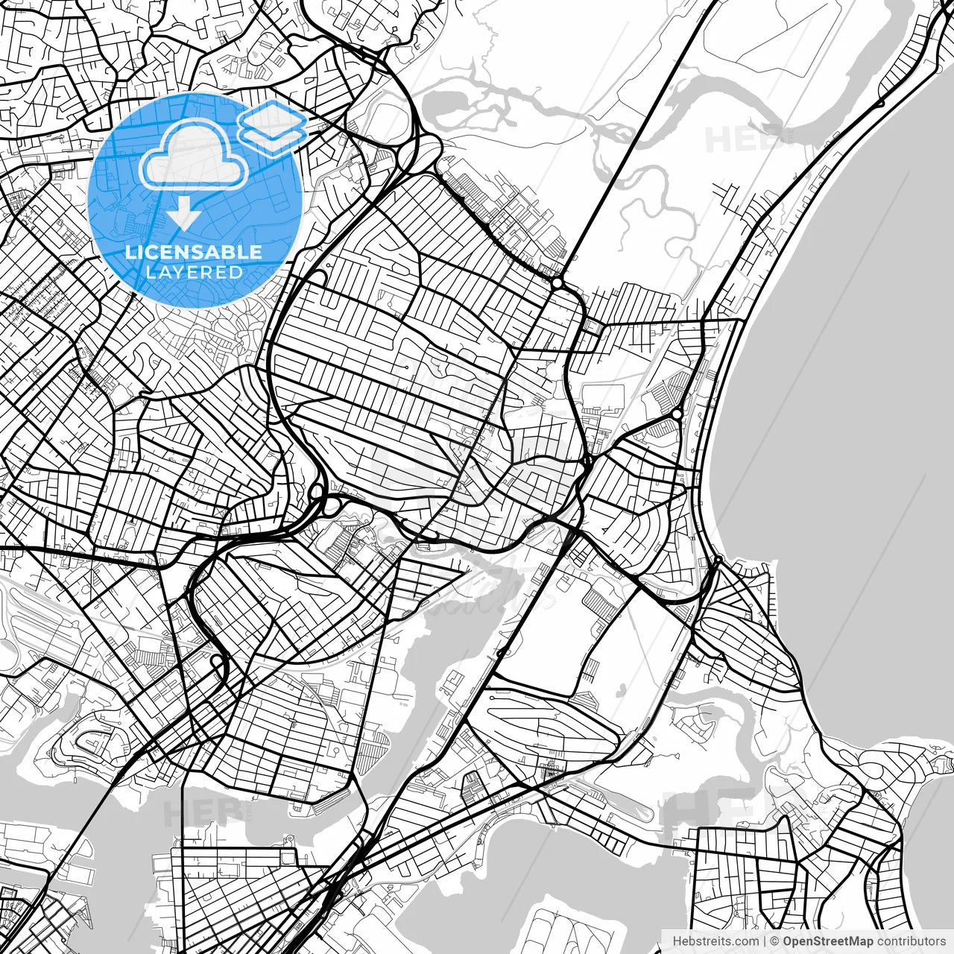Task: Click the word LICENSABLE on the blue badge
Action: click(194, 252)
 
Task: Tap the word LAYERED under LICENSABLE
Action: click(194, 272)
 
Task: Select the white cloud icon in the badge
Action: click(194, 154)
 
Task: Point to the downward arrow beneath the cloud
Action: click(183, 215)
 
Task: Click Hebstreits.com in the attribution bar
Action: click(715, 941)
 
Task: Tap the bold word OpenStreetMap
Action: click(827, 941)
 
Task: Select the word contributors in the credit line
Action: click(911, 941)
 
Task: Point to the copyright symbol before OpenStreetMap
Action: click(775, 941)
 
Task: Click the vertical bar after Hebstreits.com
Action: click(765, 941)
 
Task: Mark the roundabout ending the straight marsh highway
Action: click(557, 283)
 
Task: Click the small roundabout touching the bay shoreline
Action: click(718, 559)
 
